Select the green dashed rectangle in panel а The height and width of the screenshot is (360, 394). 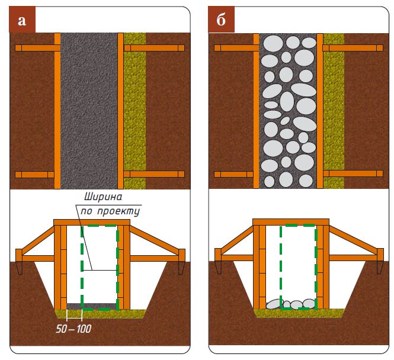117,266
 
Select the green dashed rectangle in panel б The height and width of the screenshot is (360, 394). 316,266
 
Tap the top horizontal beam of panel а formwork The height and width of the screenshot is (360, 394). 92,222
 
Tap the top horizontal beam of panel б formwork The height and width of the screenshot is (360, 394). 291,222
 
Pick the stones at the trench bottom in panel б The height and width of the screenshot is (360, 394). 292,304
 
